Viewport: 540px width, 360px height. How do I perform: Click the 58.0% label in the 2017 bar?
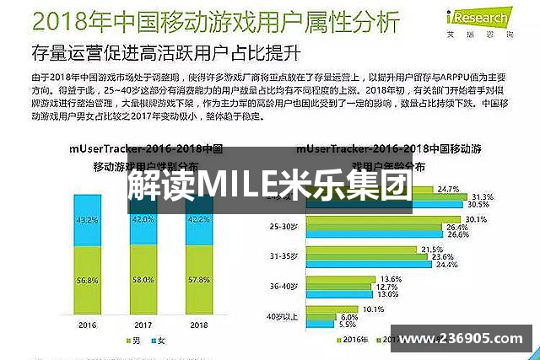(x=144, y=278)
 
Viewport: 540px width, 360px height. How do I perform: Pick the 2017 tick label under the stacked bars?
(x=144, y=323)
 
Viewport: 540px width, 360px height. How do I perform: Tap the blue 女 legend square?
(x=154, y=340)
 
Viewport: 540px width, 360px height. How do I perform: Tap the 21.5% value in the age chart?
(x=432, y=249)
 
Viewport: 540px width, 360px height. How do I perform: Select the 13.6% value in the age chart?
(x=391, y=278)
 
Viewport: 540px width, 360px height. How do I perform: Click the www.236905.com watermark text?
(x=461, y=339)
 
